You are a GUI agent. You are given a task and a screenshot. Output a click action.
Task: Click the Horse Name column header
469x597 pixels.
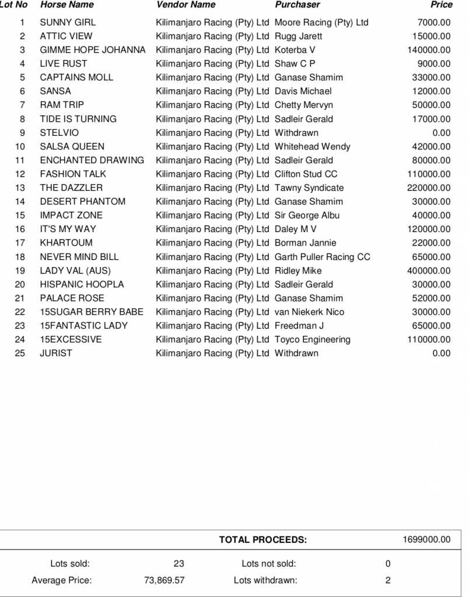click(67, 5)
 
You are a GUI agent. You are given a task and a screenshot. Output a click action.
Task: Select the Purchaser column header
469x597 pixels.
click(297, 5)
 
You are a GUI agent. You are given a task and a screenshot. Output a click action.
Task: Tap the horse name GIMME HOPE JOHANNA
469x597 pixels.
click(93, 50)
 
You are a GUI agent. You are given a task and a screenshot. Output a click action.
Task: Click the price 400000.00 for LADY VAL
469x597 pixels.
click(429, 271)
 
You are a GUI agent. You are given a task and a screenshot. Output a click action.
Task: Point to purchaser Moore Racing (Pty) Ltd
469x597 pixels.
click(321, 23)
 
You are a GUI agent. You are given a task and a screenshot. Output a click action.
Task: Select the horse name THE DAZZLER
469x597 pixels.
click(71, 188)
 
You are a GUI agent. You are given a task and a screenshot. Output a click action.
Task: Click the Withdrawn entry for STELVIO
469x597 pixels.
click(296, 133)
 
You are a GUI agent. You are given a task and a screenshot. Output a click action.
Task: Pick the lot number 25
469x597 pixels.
click(20, 353)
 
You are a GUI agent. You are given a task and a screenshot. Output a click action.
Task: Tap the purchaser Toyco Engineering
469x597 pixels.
click(313, 339)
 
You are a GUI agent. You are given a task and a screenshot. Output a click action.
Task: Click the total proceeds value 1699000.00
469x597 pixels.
click(426, 540)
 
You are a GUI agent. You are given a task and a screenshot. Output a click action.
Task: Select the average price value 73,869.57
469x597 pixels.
click(164, 580)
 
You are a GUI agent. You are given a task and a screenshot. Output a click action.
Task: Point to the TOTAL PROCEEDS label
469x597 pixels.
click(262, 540)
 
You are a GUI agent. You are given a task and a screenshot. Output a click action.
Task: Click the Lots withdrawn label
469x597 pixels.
click(265, 580)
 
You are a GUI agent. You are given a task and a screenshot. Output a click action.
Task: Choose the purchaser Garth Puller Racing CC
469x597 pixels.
click(323, 257)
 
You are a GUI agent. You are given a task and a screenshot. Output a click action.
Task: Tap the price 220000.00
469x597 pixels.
click(429, 188)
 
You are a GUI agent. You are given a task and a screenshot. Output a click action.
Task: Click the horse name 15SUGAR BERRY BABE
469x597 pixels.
click(92, 312)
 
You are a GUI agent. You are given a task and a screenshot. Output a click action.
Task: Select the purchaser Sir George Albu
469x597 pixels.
click(307, 215)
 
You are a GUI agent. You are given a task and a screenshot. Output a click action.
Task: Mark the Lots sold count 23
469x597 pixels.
click(178, 564)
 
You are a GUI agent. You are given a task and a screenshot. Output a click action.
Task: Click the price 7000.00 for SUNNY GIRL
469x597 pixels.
click(434, 23)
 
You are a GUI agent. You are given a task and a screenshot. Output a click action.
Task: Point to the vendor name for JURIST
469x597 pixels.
click(212, 353)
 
